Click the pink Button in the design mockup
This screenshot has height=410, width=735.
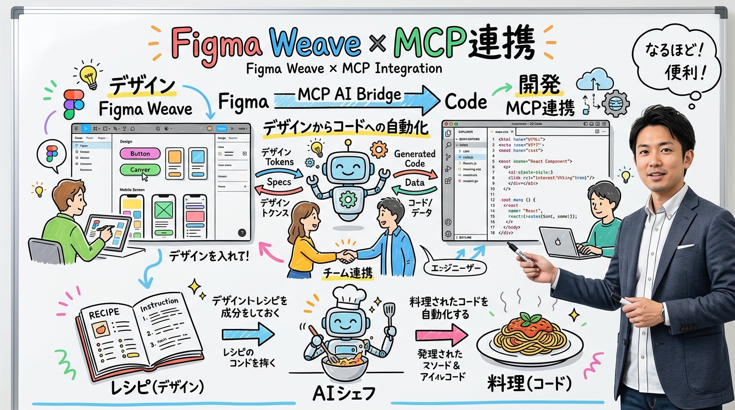pyautogui.click(x=140, y=154)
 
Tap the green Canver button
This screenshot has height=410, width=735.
pyautogui.click(x=140, y=170)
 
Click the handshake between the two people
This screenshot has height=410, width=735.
pyautogui.click(x=347, y=257)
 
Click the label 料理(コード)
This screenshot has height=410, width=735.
pyautogui.click(x=529, y=384)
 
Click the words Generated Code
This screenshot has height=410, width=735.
pyautogui.click(x=415, y=159)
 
